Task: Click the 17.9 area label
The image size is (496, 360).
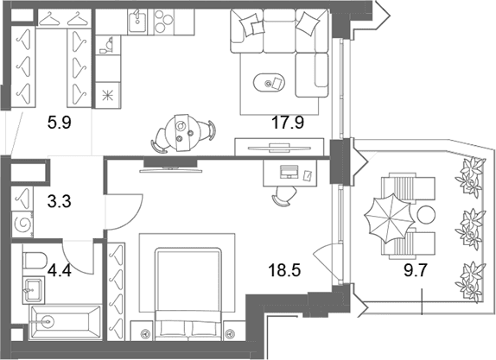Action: (288, 123)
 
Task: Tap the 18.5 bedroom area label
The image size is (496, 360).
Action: (284, 270)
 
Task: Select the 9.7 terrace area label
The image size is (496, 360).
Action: (416, 270)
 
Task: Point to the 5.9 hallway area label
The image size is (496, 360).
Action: (60, 123)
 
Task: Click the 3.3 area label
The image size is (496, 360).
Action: (60, 201)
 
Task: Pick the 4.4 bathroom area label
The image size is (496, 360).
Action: (60, 270)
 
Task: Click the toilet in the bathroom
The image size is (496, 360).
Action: (35, 260)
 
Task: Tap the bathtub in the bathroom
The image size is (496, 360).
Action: (65, 322)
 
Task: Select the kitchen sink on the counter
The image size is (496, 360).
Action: (137, 22)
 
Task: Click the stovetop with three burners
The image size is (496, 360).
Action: (163, 22)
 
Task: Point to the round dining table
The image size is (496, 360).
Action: (181, 133)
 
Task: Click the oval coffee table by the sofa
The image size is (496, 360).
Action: (269, 83)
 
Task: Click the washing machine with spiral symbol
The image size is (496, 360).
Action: (22, 224)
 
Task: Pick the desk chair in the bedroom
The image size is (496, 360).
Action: (283, 196)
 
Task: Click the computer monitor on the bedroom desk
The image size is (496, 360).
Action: (289, 172)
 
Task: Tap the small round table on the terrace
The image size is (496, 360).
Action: (426, 215)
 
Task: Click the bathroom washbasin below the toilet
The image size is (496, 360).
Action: (33, 290)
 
